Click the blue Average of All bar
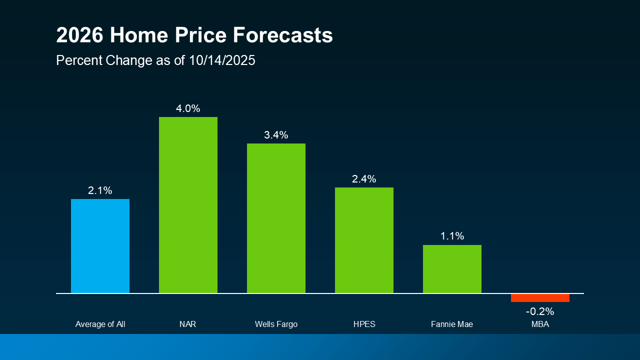(100, 246)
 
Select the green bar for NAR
(188, 205)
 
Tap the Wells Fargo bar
(276, 218)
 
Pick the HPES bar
(364, 240)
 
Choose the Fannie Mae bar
(452, 269)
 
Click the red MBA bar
(540, 298)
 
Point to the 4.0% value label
(188, 108)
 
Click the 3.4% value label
(276, 135)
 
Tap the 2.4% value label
(364, 179)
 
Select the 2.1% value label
(100, 190)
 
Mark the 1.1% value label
(452, 236)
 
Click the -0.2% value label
(540, 311)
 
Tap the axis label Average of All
(100, 324)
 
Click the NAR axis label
(188, 324)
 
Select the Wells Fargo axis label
(276, 324)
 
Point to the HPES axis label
(364, 324)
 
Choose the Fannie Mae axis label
(452, 324)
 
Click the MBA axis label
(540, 324)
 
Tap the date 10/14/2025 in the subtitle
(222, 60)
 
